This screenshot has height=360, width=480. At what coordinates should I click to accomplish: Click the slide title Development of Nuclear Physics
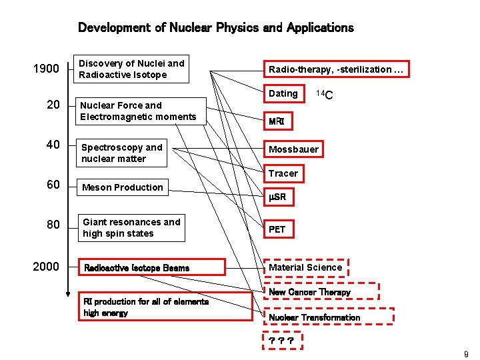[215, 28]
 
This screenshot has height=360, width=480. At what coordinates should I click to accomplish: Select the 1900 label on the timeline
[46, 69]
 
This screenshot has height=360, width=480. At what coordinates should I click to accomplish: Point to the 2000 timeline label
[46, 267]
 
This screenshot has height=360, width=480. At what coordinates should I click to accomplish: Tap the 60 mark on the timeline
[53, 185]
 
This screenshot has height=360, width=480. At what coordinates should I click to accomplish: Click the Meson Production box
[122, 187]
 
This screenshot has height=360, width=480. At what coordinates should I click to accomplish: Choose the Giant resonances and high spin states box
[131, 227]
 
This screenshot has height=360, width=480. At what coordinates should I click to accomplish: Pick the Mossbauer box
[293, 149]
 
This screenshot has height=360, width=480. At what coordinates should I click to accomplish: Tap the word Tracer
[283, 173]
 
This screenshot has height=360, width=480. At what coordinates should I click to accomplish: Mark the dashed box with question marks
[283, 341]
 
